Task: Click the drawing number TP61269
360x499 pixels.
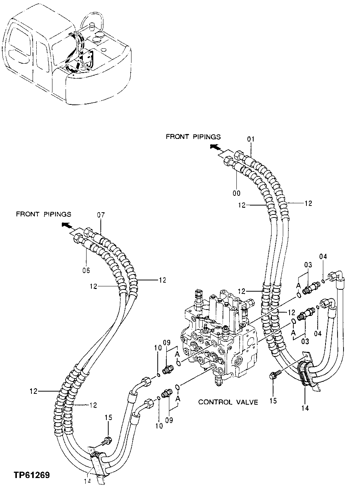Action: pyautogui.click(x=32, y=475)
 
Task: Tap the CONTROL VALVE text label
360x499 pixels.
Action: pyautogui.click(x=228, y=402)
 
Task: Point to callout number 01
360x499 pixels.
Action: pyautogui.click(x=251, y=139)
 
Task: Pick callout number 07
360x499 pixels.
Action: pyautogui.click(x=101, y=215)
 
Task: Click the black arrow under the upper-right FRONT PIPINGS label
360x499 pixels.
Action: pyautogui.click(x=215, y=147)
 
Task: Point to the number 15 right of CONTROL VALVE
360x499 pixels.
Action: pyautogui.click(x=273, y=401)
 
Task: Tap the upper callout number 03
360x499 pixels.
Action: pyautogui.click(x=308, y=265)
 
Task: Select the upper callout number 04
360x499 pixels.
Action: pyautogui.click(x=323, y=256)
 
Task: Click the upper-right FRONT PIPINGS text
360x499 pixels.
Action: pyautogui.click(x=193, y=137)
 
